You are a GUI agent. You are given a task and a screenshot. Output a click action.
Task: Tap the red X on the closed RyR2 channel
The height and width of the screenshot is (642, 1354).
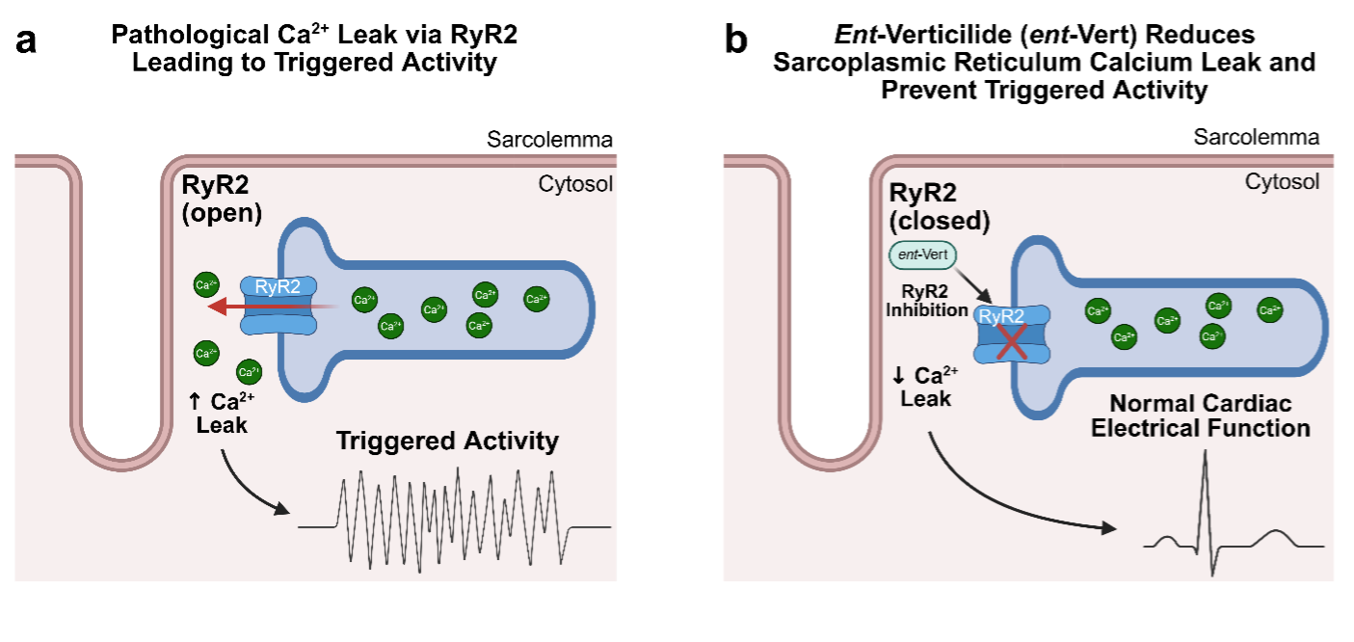coord(1010,341)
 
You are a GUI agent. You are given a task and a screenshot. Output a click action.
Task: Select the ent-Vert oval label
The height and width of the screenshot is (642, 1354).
coord(923,255)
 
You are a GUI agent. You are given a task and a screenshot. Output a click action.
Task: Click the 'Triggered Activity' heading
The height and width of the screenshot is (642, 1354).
coord(447,441)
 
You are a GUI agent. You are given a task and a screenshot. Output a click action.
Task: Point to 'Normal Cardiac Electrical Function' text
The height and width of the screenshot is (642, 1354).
coord(1200,415)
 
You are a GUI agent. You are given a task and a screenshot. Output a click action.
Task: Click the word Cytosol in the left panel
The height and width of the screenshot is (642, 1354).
coord(575,184)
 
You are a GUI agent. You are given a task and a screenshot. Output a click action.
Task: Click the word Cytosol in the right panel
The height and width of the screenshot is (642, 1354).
coord(1282,181)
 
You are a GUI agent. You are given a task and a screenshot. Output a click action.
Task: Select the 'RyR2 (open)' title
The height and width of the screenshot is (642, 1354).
coord(223,199)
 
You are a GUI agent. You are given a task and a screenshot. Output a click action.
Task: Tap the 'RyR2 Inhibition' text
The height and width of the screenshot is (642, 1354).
coord(927,301)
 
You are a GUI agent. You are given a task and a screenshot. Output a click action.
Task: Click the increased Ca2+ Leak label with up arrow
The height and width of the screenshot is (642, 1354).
coord(224,413)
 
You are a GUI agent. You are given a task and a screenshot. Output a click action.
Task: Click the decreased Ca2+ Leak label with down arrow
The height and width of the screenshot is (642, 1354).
coord(926,387)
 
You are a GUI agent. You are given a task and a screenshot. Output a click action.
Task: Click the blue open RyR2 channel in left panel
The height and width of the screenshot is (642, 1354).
coord(279,308)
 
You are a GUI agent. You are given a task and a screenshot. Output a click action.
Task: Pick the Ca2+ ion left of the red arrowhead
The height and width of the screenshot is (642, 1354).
coord(205,284)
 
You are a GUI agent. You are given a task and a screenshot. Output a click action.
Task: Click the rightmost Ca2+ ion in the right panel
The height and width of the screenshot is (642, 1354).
coord(1269,309)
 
